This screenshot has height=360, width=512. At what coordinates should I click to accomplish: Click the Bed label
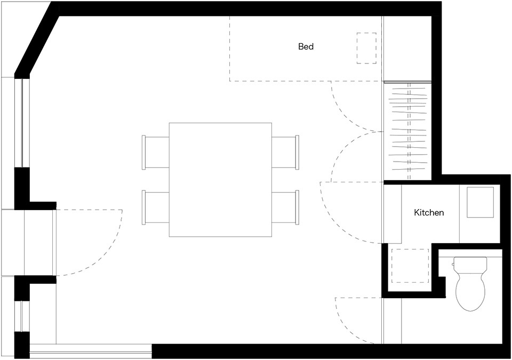pos(306,46)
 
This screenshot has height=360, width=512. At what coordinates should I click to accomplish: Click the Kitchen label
pos(429,213)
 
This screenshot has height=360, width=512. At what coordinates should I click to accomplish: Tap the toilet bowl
pos(470,291)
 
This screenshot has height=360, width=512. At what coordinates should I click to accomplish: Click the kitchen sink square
pos(480,202)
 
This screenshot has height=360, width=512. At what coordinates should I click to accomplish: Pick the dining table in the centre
pos(220,180)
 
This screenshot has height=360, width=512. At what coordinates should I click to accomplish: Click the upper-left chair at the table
pos(155,153)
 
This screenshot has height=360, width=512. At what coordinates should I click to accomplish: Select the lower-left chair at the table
pos(155,207)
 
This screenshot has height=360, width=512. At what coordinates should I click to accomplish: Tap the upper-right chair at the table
pos(285,153)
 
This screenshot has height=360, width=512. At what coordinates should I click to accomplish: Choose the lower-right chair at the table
pos(285,207)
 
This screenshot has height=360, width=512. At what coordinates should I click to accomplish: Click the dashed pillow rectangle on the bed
pos(366,48)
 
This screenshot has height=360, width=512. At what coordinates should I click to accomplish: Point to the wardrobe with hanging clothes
pos(408,131)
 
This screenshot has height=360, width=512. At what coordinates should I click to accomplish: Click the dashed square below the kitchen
pos(410,266)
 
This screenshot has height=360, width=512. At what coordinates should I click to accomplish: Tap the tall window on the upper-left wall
pos(22,123)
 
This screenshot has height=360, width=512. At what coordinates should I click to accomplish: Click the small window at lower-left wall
pos(22,316)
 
